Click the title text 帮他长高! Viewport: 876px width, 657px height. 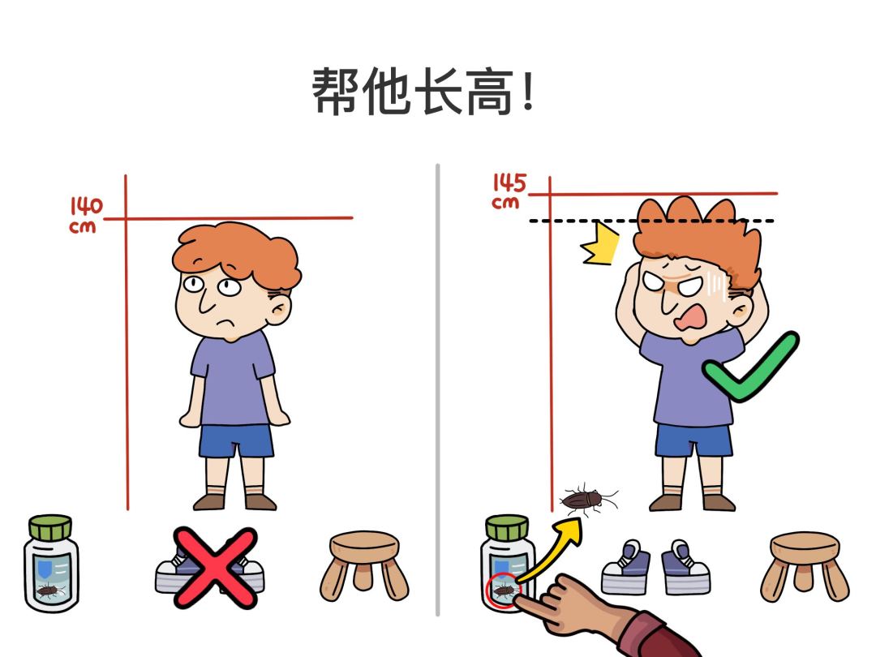[423, 91]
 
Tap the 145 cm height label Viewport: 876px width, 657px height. [508, 191]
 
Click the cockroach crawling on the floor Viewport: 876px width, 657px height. [586, 499]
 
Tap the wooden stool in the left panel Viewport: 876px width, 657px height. [364, 563]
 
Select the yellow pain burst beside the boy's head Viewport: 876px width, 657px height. [600, 246]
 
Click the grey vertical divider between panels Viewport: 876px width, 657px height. [438, 389]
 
